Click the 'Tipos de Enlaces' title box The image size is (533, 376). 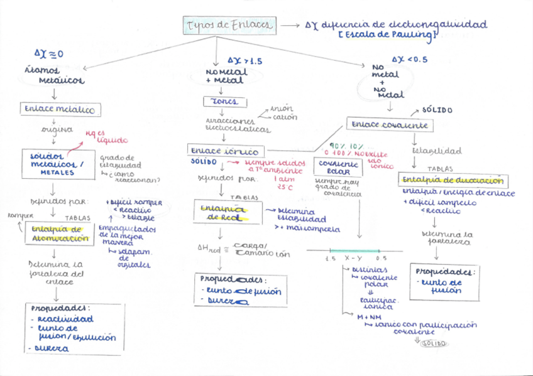click(229, 25)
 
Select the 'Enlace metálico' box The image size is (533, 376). click(59, 109)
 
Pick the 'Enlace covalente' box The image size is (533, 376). click(390, 125)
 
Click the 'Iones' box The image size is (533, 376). click(224, 102)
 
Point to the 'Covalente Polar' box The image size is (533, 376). click(338, 166)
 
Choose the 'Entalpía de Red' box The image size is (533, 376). click(219, 212)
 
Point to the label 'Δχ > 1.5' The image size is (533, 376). click(245, 61)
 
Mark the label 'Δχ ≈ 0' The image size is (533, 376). click(49, 54)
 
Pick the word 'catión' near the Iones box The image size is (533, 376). click(286, 117)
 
